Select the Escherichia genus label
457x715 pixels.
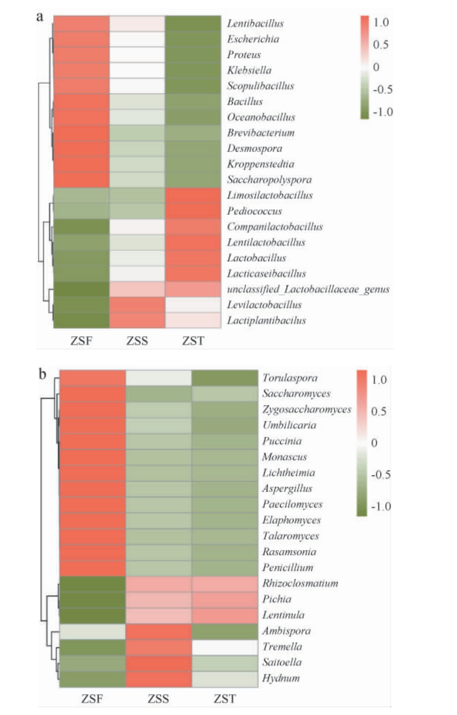tap(253, 39)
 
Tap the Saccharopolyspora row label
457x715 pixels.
tap(269, 180)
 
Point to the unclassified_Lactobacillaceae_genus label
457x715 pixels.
tap(308, 289)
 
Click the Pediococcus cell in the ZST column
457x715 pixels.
tap(193, 211)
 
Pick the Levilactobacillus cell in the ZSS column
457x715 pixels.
tap(137, 305)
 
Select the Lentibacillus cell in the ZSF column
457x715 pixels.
tap(81, 24)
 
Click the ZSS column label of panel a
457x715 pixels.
tap(137, 341)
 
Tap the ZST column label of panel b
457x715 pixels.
tap(225, 699)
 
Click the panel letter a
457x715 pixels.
tap(40, 17)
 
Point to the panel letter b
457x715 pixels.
tap(43, 374)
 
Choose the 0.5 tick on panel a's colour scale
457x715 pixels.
tap(381, 45)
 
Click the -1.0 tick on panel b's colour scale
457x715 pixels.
tap(381, 506)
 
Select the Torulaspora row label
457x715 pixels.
tap(290, 378)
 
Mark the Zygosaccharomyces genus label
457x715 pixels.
tap(307, 409)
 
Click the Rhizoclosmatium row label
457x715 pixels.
tap(300, 583)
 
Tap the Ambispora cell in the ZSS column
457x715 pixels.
tap(159, 631)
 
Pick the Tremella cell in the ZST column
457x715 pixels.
tap(225, 647)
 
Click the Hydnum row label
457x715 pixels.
tap(281, 678)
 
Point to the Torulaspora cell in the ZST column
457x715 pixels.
tap(225, 378)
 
